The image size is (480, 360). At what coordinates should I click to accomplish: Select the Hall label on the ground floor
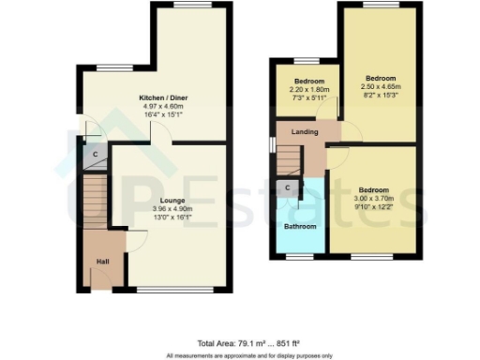point(102,262)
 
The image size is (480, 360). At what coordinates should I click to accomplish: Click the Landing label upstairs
point(305,132)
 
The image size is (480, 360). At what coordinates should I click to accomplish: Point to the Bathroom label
point(301,226)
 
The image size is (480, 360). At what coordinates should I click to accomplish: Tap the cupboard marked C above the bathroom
point(288,188)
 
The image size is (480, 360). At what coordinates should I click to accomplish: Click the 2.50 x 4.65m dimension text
point(380,86)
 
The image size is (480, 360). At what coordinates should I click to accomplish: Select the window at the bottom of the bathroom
point(301,256)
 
